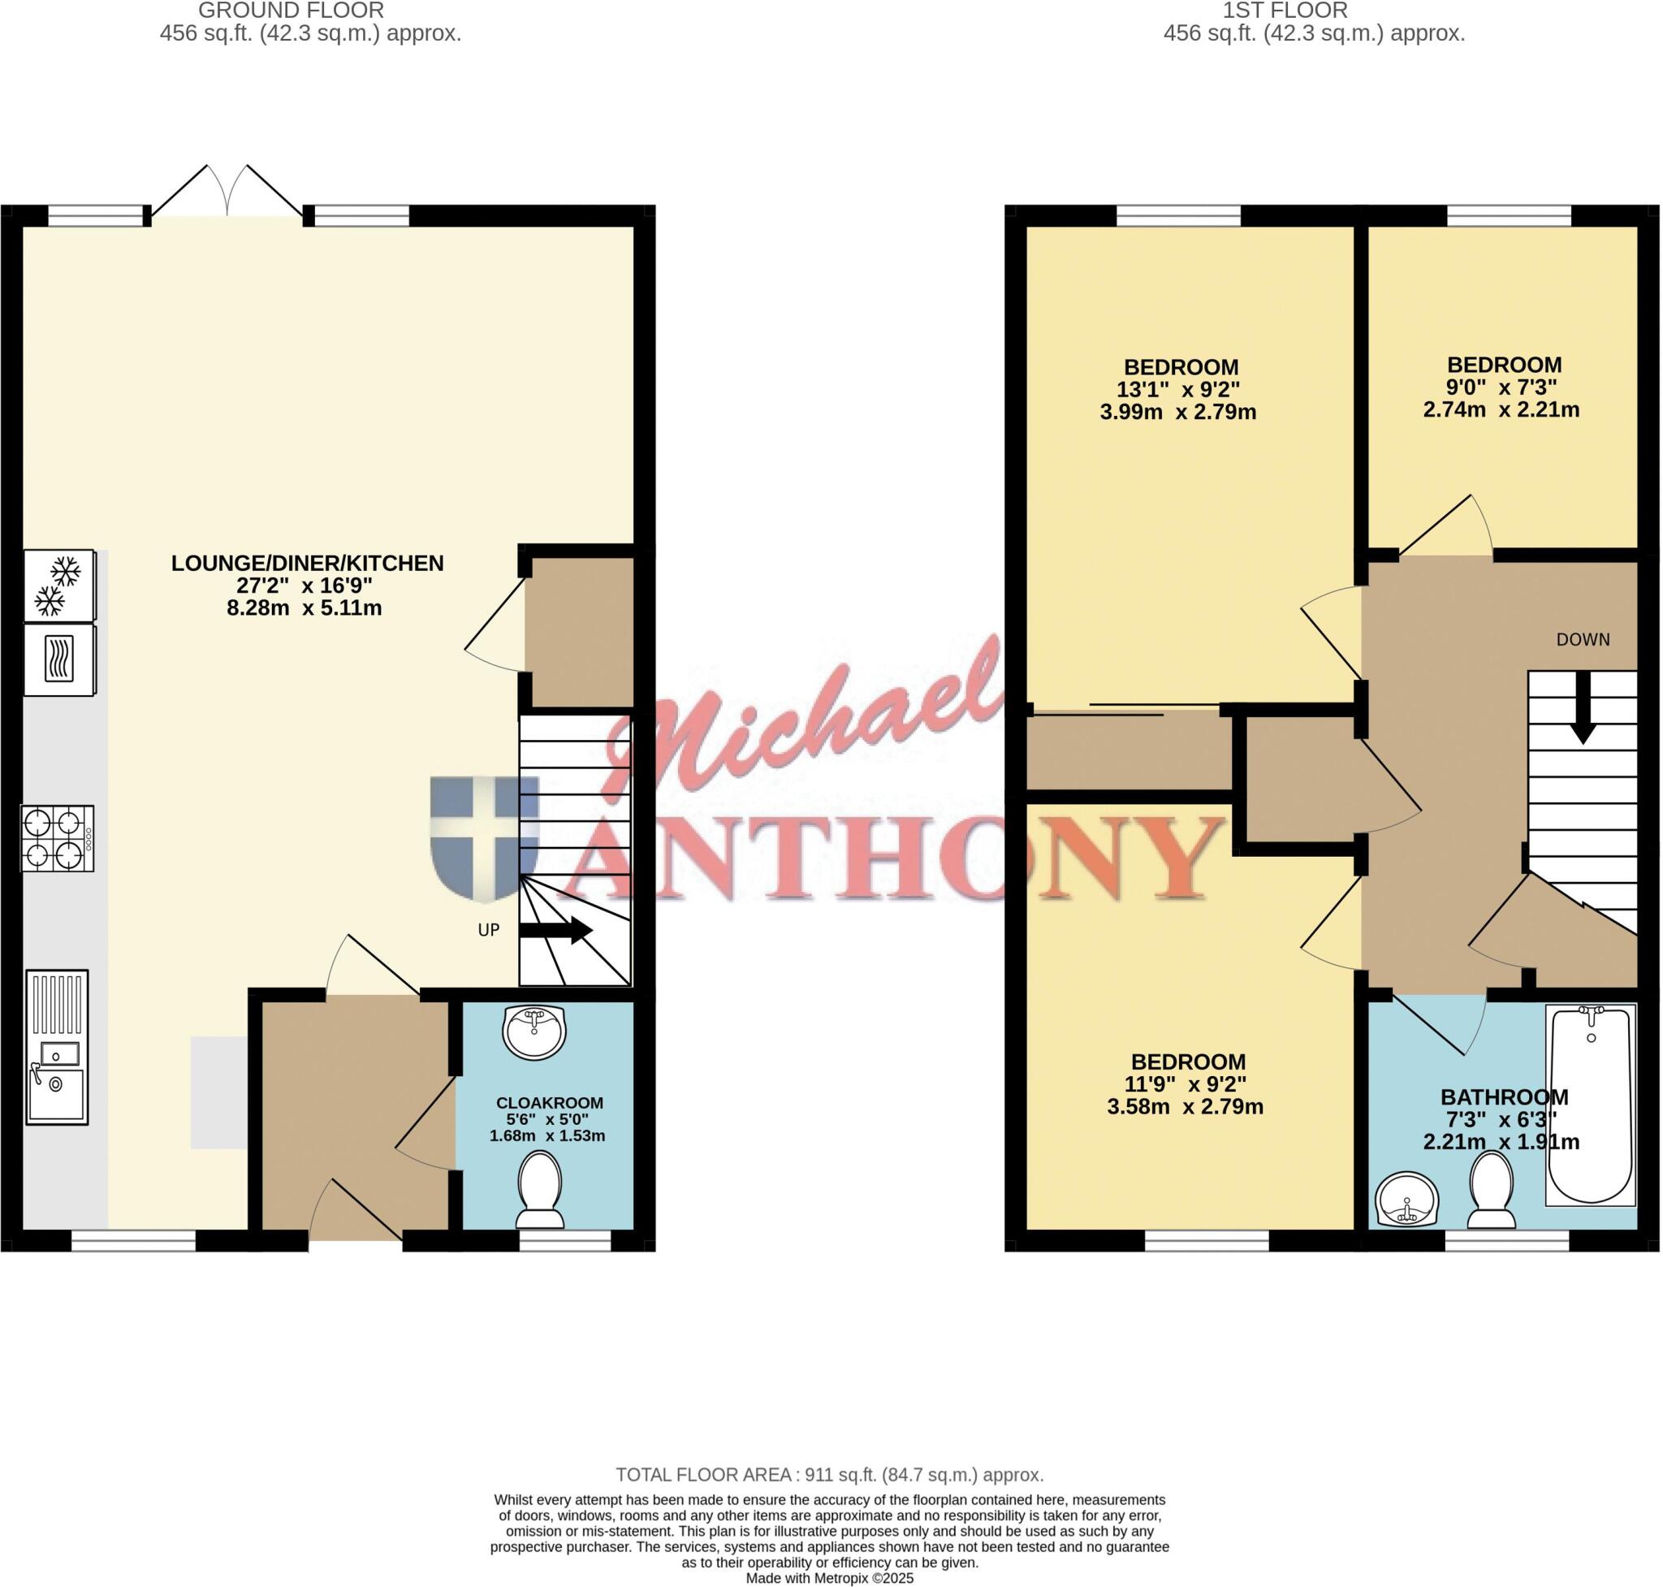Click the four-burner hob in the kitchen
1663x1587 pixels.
(x=58, y=838)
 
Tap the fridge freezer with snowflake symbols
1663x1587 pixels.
(x=60, y=586)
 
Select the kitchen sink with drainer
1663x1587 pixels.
(x=57, y=1047)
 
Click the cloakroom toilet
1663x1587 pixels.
(x=540, y=1189)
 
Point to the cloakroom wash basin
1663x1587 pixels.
(x=533, y=1032)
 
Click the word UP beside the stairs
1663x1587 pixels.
(x=489, y=930)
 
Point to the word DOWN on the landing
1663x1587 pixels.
(x=1583, y=639)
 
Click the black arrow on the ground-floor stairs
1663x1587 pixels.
(x=555, y=931)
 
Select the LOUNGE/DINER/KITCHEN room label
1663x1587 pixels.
(x=307, y=564)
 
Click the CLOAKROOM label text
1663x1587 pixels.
(x=549, y=1103)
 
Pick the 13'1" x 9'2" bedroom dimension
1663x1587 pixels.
(x=1178, y=390)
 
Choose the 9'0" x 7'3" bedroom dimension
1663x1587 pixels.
(x=1501, y=387)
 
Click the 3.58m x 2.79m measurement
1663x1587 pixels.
(x=1185, y=1106)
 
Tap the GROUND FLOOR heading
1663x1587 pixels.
(x=291, y=10)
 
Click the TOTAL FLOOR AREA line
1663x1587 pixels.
(x=830, y=1474)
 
